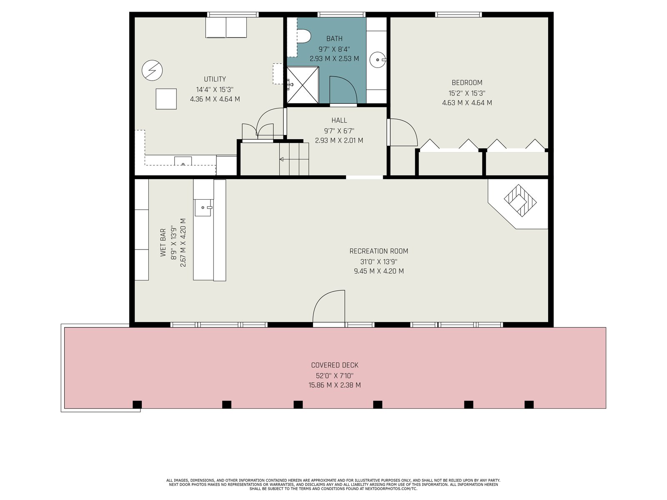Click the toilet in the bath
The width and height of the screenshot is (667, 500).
tap(303, 36)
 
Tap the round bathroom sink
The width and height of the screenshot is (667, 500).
tap(378, 60)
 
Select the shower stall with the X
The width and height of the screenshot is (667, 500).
tap(303, 85)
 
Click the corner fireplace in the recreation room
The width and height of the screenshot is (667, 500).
tap(520, 201)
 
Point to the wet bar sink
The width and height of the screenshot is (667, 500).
tap(203, 207)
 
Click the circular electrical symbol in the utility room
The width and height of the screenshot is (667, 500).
tap(152, 70)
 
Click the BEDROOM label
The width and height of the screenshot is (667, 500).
tap(467, 82)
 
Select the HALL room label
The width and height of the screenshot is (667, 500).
tap(339, 120)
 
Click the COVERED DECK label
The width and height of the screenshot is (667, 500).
tap(335, 365)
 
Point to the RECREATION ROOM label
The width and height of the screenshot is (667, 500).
tap(379, 251)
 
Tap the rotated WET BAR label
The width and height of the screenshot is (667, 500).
tap(163, 242)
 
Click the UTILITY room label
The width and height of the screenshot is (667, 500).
tap(215, 79)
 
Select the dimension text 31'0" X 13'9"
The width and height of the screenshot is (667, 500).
tap(379, 261)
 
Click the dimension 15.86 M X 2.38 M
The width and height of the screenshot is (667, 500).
tap(335, 385)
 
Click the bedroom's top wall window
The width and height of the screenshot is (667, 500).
tap(458, 14)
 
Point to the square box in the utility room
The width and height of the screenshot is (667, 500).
tap(166, 99)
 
